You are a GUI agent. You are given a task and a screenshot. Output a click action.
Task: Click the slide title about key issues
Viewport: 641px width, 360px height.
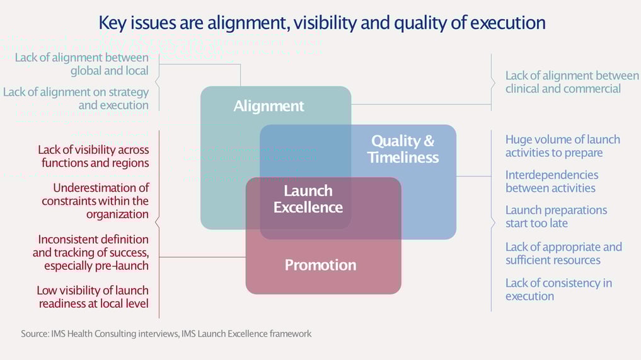(x=321, y=23)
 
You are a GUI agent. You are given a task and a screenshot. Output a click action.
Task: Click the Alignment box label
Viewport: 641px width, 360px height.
(x=269, y=106)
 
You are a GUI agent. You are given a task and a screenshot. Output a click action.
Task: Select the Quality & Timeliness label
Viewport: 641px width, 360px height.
(x=403, y=149)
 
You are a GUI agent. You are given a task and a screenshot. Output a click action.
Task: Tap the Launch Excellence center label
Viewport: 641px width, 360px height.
(x=308, y=199)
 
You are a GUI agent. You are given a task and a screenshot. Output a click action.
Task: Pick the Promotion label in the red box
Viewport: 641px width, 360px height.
(x=320, y=265)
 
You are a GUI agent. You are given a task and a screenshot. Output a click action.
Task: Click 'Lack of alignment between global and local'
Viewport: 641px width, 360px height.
(x=81, y=64)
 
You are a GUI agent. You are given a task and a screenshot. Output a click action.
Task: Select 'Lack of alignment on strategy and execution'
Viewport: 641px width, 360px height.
(x=76, y=98)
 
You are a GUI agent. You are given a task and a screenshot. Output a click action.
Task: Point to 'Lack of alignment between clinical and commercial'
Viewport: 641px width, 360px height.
(x=572, y=82)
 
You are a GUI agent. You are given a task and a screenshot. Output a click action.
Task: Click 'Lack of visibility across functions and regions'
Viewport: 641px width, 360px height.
(x=93, y=156)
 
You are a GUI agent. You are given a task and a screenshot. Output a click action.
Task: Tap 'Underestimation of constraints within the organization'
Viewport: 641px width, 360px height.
(x=96, y=200)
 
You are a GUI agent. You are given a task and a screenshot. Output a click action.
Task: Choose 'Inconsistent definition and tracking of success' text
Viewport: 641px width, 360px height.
(x=91, y=252)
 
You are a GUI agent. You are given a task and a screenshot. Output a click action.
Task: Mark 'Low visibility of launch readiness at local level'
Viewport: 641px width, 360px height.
(x=93, y=297)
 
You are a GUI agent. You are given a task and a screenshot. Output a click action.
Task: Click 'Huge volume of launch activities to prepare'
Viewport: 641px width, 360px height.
(x=562, y=146)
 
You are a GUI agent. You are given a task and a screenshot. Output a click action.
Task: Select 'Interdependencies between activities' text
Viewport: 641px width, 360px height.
(x=551, y=181)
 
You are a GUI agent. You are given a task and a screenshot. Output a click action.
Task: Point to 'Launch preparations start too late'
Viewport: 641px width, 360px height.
(x=556, y=216)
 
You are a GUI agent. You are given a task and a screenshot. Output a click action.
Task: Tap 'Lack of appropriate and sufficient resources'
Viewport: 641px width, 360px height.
(x=563, y=253)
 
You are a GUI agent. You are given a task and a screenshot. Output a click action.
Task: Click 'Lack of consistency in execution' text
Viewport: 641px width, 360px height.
(x=558, y=289)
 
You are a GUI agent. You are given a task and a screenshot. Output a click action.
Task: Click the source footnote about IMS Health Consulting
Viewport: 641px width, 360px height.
(x=166, y=334)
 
